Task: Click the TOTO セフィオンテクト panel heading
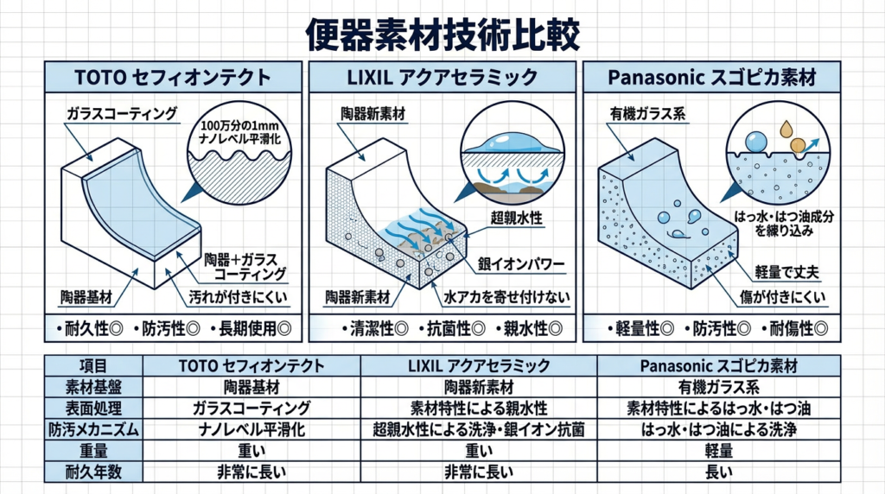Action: tap(174, 77)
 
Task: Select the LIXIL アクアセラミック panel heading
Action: tap(442, 77)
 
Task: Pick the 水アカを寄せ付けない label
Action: tap(506, 299)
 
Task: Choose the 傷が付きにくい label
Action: tap(777, 299)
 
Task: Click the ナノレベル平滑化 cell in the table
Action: tap(250, 428)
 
